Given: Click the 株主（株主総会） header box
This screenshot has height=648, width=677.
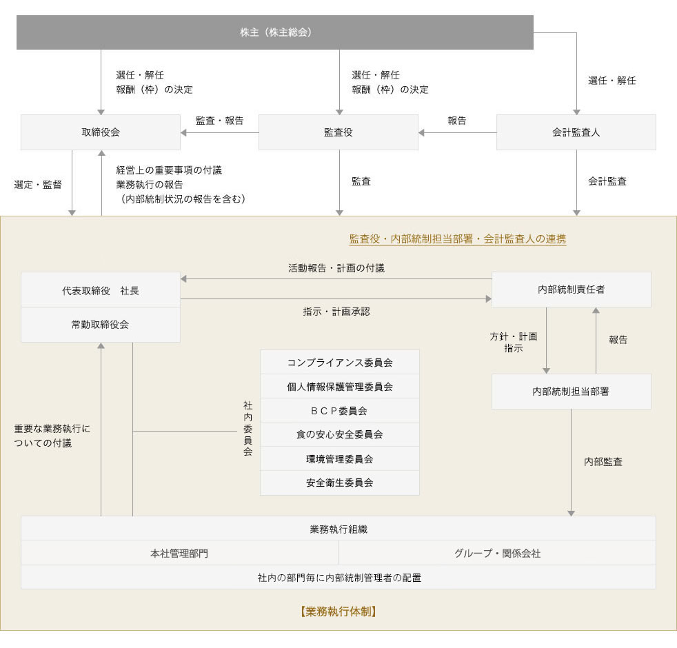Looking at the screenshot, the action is (x=275, y=32).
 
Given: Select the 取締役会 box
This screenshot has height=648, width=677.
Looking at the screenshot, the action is (x=101, y=132).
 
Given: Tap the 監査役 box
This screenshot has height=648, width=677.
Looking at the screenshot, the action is (x=338, y=132).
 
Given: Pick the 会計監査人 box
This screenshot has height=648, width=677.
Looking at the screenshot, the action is (x=576, y=132).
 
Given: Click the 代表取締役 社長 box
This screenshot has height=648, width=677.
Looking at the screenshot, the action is (x=101, y=290).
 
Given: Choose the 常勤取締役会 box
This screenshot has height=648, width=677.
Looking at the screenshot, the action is (x=101, y=325).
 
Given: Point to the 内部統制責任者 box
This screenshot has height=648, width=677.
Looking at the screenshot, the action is (x=572, y=290).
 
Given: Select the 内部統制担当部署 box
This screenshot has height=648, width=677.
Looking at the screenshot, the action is (x=572, y=392).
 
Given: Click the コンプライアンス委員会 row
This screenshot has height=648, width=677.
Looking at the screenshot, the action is (x=340, y=362).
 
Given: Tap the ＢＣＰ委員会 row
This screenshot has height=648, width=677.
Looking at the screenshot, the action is (x=340, y=411).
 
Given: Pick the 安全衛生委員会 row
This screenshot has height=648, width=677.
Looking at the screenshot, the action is (x=340, y=483).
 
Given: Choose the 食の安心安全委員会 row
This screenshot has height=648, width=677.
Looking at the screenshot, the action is (x=340, y=435).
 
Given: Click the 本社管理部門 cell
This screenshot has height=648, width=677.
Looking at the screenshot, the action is (x=180, y=553).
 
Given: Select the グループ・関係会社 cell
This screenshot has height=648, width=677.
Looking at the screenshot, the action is (x=497, y=553).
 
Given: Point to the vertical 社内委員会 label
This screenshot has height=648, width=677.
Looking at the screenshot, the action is (x=247, y=429).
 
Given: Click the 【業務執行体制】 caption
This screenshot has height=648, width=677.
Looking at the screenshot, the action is (x=338, y=611).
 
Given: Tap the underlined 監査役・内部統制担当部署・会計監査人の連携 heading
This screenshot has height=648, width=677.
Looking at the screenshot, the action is (x=458, y=239).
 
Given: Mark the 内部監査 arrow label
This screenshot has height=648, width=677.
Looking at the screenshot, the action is (x=603, y=462).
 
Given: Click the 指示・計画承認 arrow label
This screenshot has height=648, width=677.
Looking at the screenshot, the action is (x=336, y=312).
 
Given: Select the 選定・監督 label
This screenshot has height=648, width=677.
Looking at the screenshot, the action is (x=38, y=185).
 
